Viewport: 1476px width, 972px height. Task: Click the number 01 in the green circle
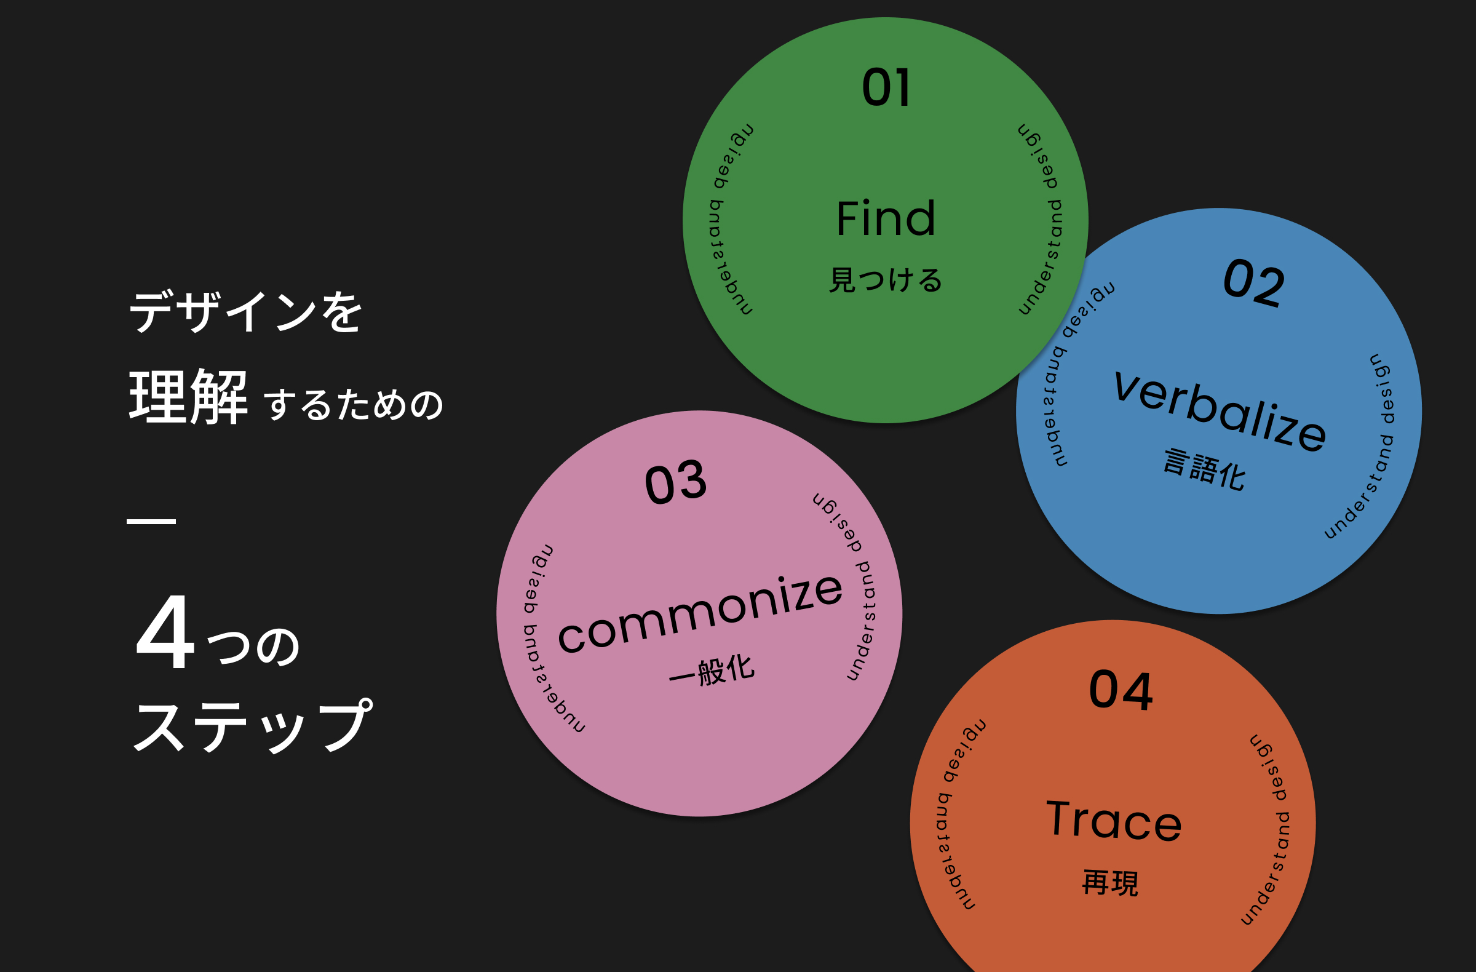click(x=886, y=87)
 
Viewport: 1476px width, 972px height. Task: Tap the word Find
click(x=886, y=218)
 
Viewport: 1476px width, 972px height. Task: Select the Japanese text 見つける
click(x=886, y=279)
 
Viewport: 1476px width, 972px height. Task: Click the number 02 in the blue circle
click(x=1253, y=282)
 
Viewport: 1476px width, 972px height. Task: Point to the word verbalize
click(x=1220, y=410)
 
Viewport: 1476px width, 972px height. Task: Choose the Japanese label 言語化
click(x=1204, y=469)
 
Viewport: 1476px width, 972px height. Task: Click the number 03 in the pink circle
click(x=675, y=482)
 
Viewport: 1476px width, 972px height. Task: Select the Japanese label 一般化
click(x=712, y=670)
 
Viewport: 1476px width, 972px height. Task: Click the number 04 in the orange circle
click(x=1121, y=690)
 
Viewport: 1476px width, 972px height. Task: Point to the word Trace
click(x=1114, y=820)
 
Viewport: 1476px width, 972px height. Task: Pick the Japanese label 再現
click(x=1110, y=882)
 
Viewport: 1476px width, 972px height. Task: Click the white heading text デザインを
click(x=245, y=311)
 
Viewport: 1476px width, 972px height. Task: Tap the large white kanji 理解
click(x=189, y=396)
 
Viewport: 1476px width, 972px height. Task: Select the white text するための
click(x=354, y=404)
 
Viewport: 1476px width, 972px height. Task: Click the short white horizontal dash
click(x=151, y=522)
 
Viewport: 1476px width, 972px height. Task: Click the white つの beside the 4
click(x=253, y=647)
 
